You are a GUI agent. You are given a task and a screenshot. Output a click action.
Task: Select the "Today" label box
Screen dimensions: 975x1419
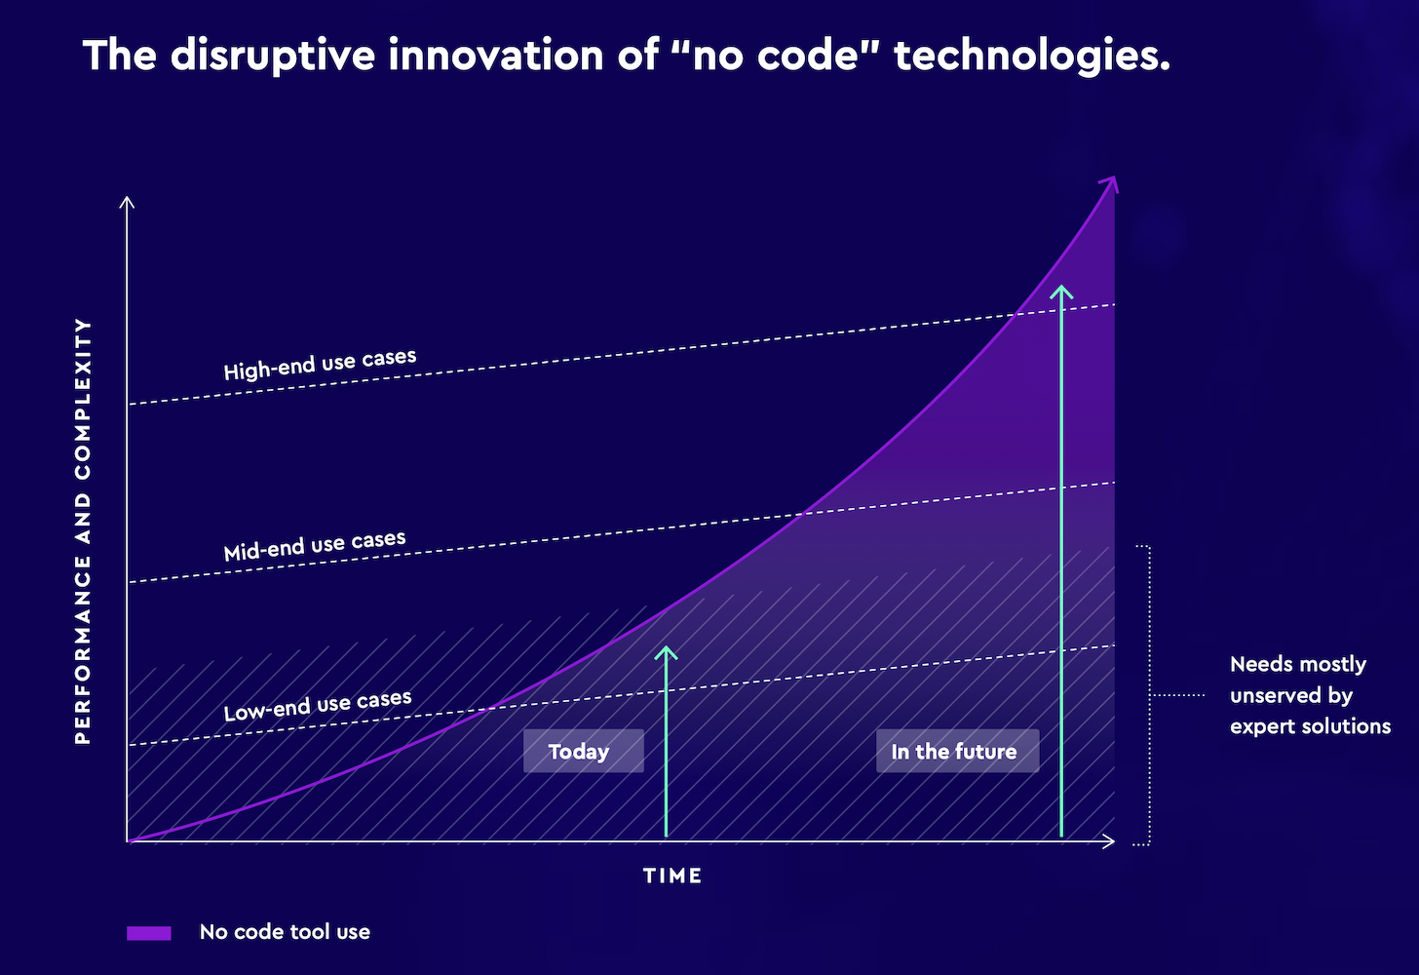coord(583,751)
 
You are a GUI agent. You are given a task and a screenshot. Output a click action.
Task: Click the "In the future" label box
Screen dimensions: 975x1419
coord(956,751)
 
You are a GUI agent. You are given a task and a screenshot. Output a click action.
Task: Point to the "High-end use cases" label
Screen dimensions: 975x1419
coord(320,365)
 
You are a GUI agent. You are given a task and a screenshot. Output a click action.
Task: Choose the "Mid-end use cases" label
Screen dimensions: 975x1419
coord(314,546)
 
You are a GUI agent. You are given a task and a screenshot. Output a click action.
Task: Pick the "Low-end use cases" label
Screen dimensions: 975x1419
coord(317,706)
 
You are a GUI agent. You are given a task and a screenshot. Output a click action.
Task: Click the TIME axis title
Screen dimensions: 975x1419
coord(672,876)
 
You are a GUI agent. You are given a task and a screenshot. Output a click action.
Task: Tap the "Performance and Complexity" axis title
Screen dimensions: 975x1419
coord(83,531)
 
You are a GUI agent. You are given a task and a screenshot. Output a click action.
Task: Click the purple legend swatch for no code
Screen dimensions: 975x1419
coord(148,933)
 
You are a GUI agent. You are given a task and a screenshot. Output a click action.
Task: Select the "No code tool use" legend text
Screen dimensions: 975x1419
coord(285,932)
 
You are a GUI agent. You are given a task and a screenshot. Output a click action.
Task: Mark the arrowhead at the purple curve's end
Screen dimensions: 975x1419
coord(1111,182)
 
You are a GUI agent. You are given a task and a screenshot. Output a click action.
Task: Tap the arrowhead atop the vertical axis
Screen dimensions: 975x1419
coord(127,201)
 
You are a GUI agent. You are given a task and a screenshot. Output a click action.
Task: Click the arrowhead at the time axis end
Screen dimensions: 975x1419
coord(1110,841)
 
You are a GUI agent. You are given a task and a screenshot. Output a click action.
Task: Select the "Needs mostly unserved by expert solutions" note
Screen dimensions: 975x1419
coord(1309,695)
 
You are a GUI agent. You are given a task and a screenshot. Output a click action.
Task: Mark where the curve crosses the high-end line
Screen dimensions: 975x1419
coord(1016,313)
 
